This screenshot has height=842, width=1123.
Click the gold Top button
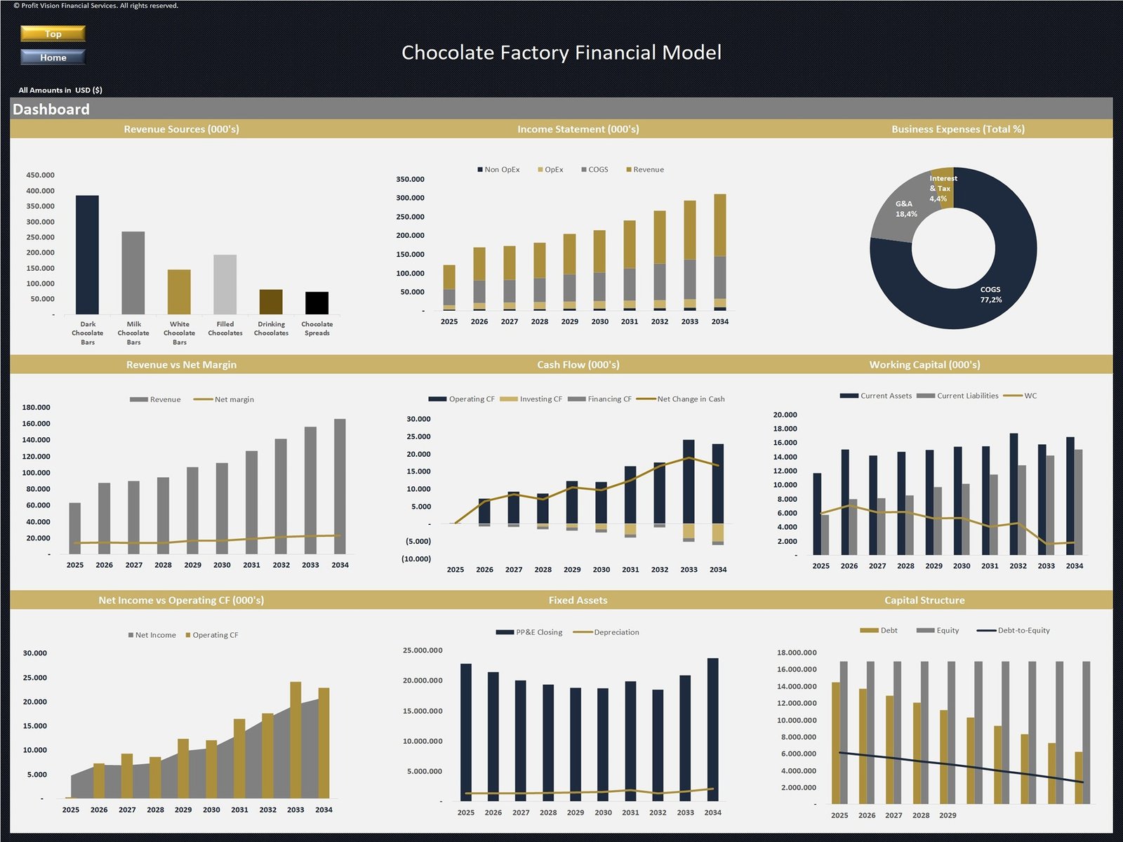tap(53, 34)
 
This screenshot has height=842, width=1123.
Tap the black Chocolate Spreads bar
tap(317, 302)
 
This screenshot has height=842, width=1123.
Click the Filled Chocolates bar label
tap(225, 328)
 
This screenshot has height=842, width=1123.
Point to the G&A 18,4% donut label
tap(905, 209)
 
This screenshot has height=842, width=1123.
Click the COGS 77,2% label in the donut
tap(990, 295)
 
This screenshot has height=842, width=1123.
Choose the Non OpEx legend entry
tap(498, 170)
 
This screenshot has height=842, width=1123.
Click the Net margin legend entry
tap(234, 399)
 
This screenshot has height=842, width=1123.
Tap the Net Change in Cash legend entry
tap(690, 399)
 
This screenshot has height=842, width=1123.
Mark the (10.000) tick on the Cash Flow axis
tap(416, 559)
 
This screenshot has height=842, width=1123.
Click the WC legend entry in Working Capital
tap(1029, 396)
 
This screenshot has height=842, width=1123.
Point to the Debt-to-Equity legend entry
tap(1023, 630)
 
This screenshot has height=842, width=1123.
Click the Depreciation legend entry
tap(616, 632)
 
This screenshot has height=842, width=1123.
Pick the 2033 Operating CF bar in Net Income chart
tap(295, 740)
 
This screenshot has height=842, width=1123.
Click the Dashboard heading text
tap(51, 109)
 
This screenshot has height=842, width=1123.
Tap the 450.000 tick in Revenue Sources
tap(40, 175)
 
